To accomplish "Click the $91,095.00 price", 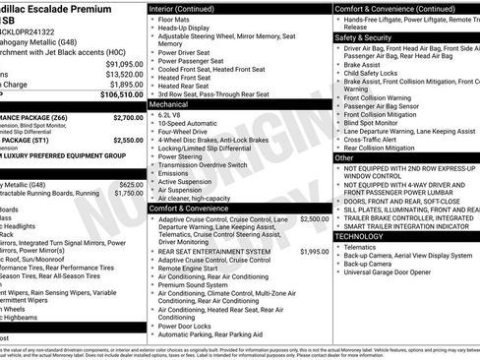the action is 123,63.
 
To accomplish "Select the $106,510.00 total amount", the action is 122,94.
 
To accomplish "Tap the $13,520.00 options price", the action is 124,74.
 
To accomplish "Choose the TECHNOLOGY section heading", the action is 361,236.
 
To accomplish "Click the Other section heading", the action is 344,156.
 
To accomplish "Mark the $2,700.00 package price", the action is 128,117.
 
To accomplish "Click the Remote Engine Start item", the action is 188,269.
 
